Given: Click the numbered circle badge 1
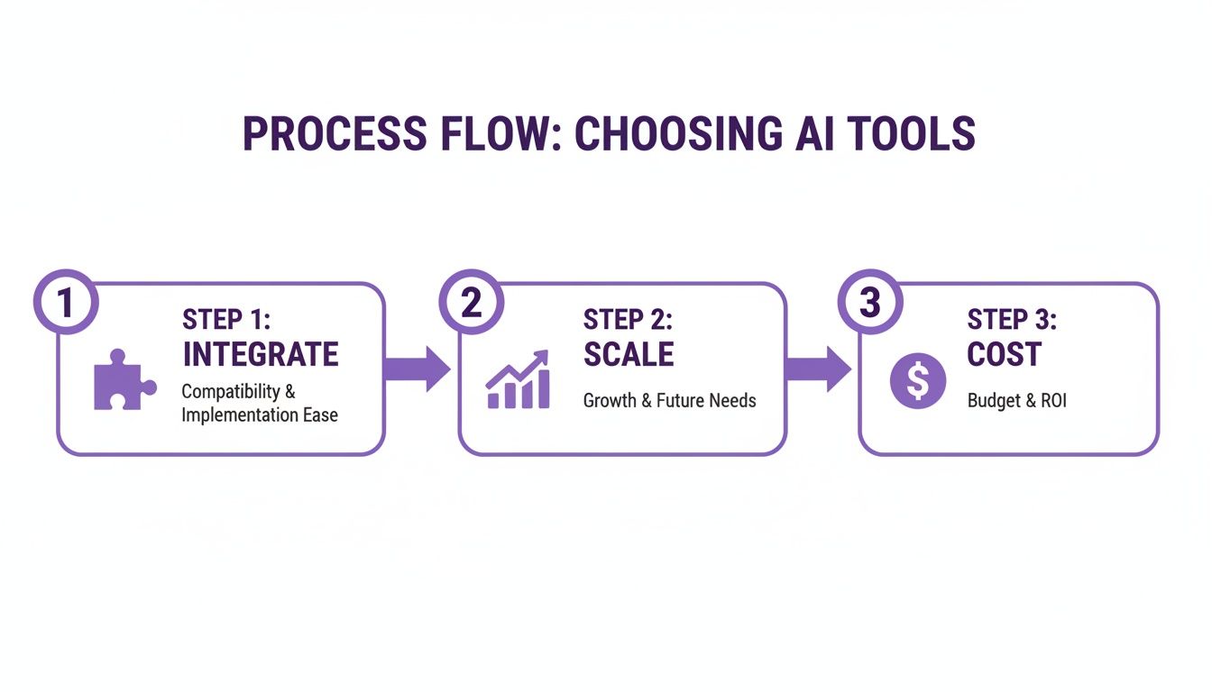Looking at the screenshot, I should [x=64, y=302].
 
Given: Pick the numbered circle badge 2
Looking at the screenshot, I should [x=470, y=302].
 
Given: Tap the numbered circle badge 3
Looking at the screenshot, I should [x=868, y=302].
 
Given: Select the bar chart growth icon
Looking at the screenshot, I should [x=518, y=380].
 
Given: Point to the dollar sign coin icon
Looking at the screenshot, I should [x=917, y=379].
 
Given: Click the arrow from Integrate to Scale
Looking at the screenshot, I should [x=417, y=368].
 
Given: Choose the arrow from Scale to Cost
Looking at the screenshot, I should [x=817, y=368].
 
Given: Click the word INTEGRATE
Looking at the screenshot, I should [x=261, y=355].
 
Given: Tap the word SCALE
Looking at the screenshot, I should [x=629, y=355].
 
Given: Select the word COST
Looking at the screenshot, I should [x=1004, y=355].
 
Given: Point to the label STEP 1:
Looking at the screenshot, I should [x=225, y=320].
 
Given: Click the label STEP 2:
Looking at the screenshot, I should [x=628, y=320].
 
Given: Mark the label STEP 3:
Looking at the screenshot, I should [x=1012, y=320].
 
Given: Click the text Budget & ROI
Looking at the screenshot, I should [x=1016, y=400].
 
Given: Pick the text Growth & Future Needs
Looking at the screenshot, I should [x=669, y=400].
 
